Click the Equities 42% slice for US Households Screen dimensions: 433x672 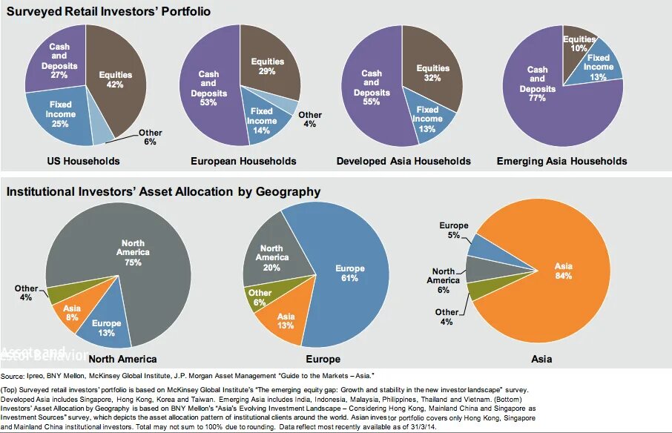[x=115, y=82]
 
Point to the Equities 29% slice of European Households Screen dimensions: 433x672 [x=267, y=67]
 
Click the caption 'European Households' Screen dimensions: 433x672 [x=243, y=161]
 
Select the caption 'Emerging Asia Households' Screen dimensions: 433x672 [x=561, y=161]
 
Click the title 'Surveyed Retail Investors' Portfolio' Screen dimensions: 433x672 [x=108, y=12]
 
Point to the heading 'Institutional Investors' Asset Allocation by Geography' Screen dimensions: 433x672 [x=163, y=192]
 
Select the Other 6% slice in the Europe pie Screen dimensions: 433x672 [x=260, y=297]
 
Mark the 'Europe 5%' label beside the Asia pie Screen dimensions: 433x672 [x=453, y=230]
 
